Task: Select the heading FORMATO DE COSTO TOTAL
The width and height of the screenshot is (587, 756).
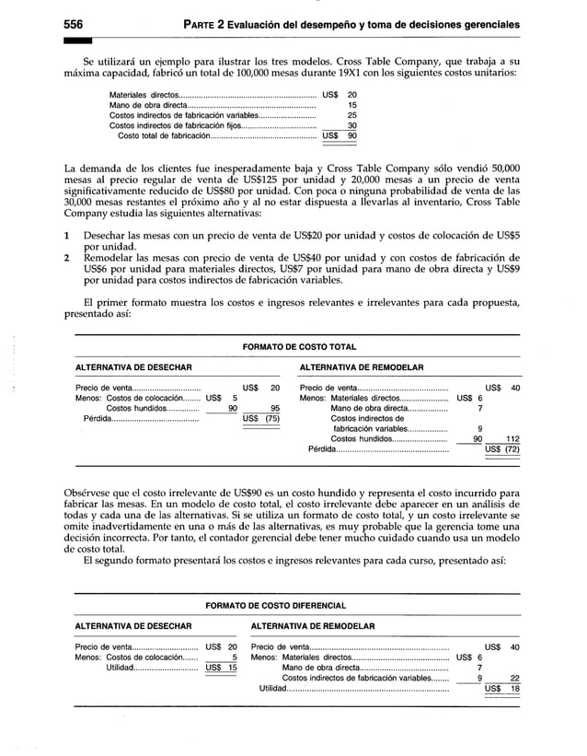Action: pos(297,346)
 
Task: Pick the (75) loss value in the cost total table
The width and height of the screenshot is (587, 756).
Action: pos(272,418)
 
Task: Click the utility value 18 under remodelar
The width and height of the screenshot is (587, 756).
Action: pos(514,688)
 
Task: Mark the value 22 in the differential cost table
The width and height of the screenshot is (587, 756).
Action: pos(514,678)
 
